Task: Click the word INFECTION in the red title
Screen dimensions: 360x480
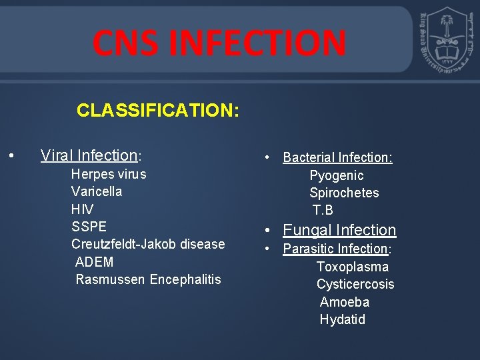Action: [257, 43]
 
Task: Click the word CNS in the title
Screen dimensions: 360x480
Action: [127, 43]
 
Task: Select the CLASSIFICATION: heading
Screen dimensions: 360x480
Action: [157, 110]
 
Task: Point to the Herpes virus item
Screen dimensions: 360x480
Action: [109, 174]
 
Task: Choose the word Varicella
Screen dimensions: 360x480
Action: [97, 191]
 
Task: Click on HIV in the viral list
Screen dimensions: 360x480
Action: [83, 209]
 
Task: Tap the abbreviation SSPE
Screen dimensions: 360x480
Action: [89, 227]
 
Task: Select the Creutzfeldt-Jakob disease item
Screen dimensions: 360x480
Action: [148, 244]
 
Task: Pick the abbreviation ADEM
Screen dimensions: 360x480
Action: [95, 262]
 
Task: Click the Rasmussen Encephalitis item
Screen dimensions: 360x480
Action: [148, 279]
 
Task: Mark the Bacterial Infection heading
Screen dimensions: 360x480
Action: [337, 158]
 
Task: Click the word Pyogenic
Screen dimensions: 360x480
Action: [337, 175]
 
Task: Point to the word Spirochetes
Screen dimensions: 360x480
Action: [344, 193]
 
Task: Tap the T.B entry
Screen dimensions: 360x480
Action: [323, 211]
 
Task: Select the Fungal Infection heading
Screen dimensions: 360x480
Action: [339, 230]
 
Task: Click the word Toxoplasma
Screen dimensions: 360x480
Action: [353, 267]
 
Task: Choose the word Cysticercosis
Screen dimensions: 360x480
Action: [355, 285]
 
